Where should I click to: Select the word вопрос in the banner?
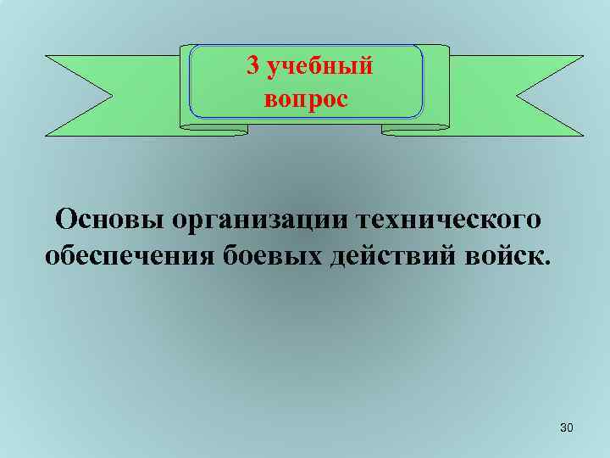point(306,99)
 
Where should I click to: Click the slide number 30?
point(567,430)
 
